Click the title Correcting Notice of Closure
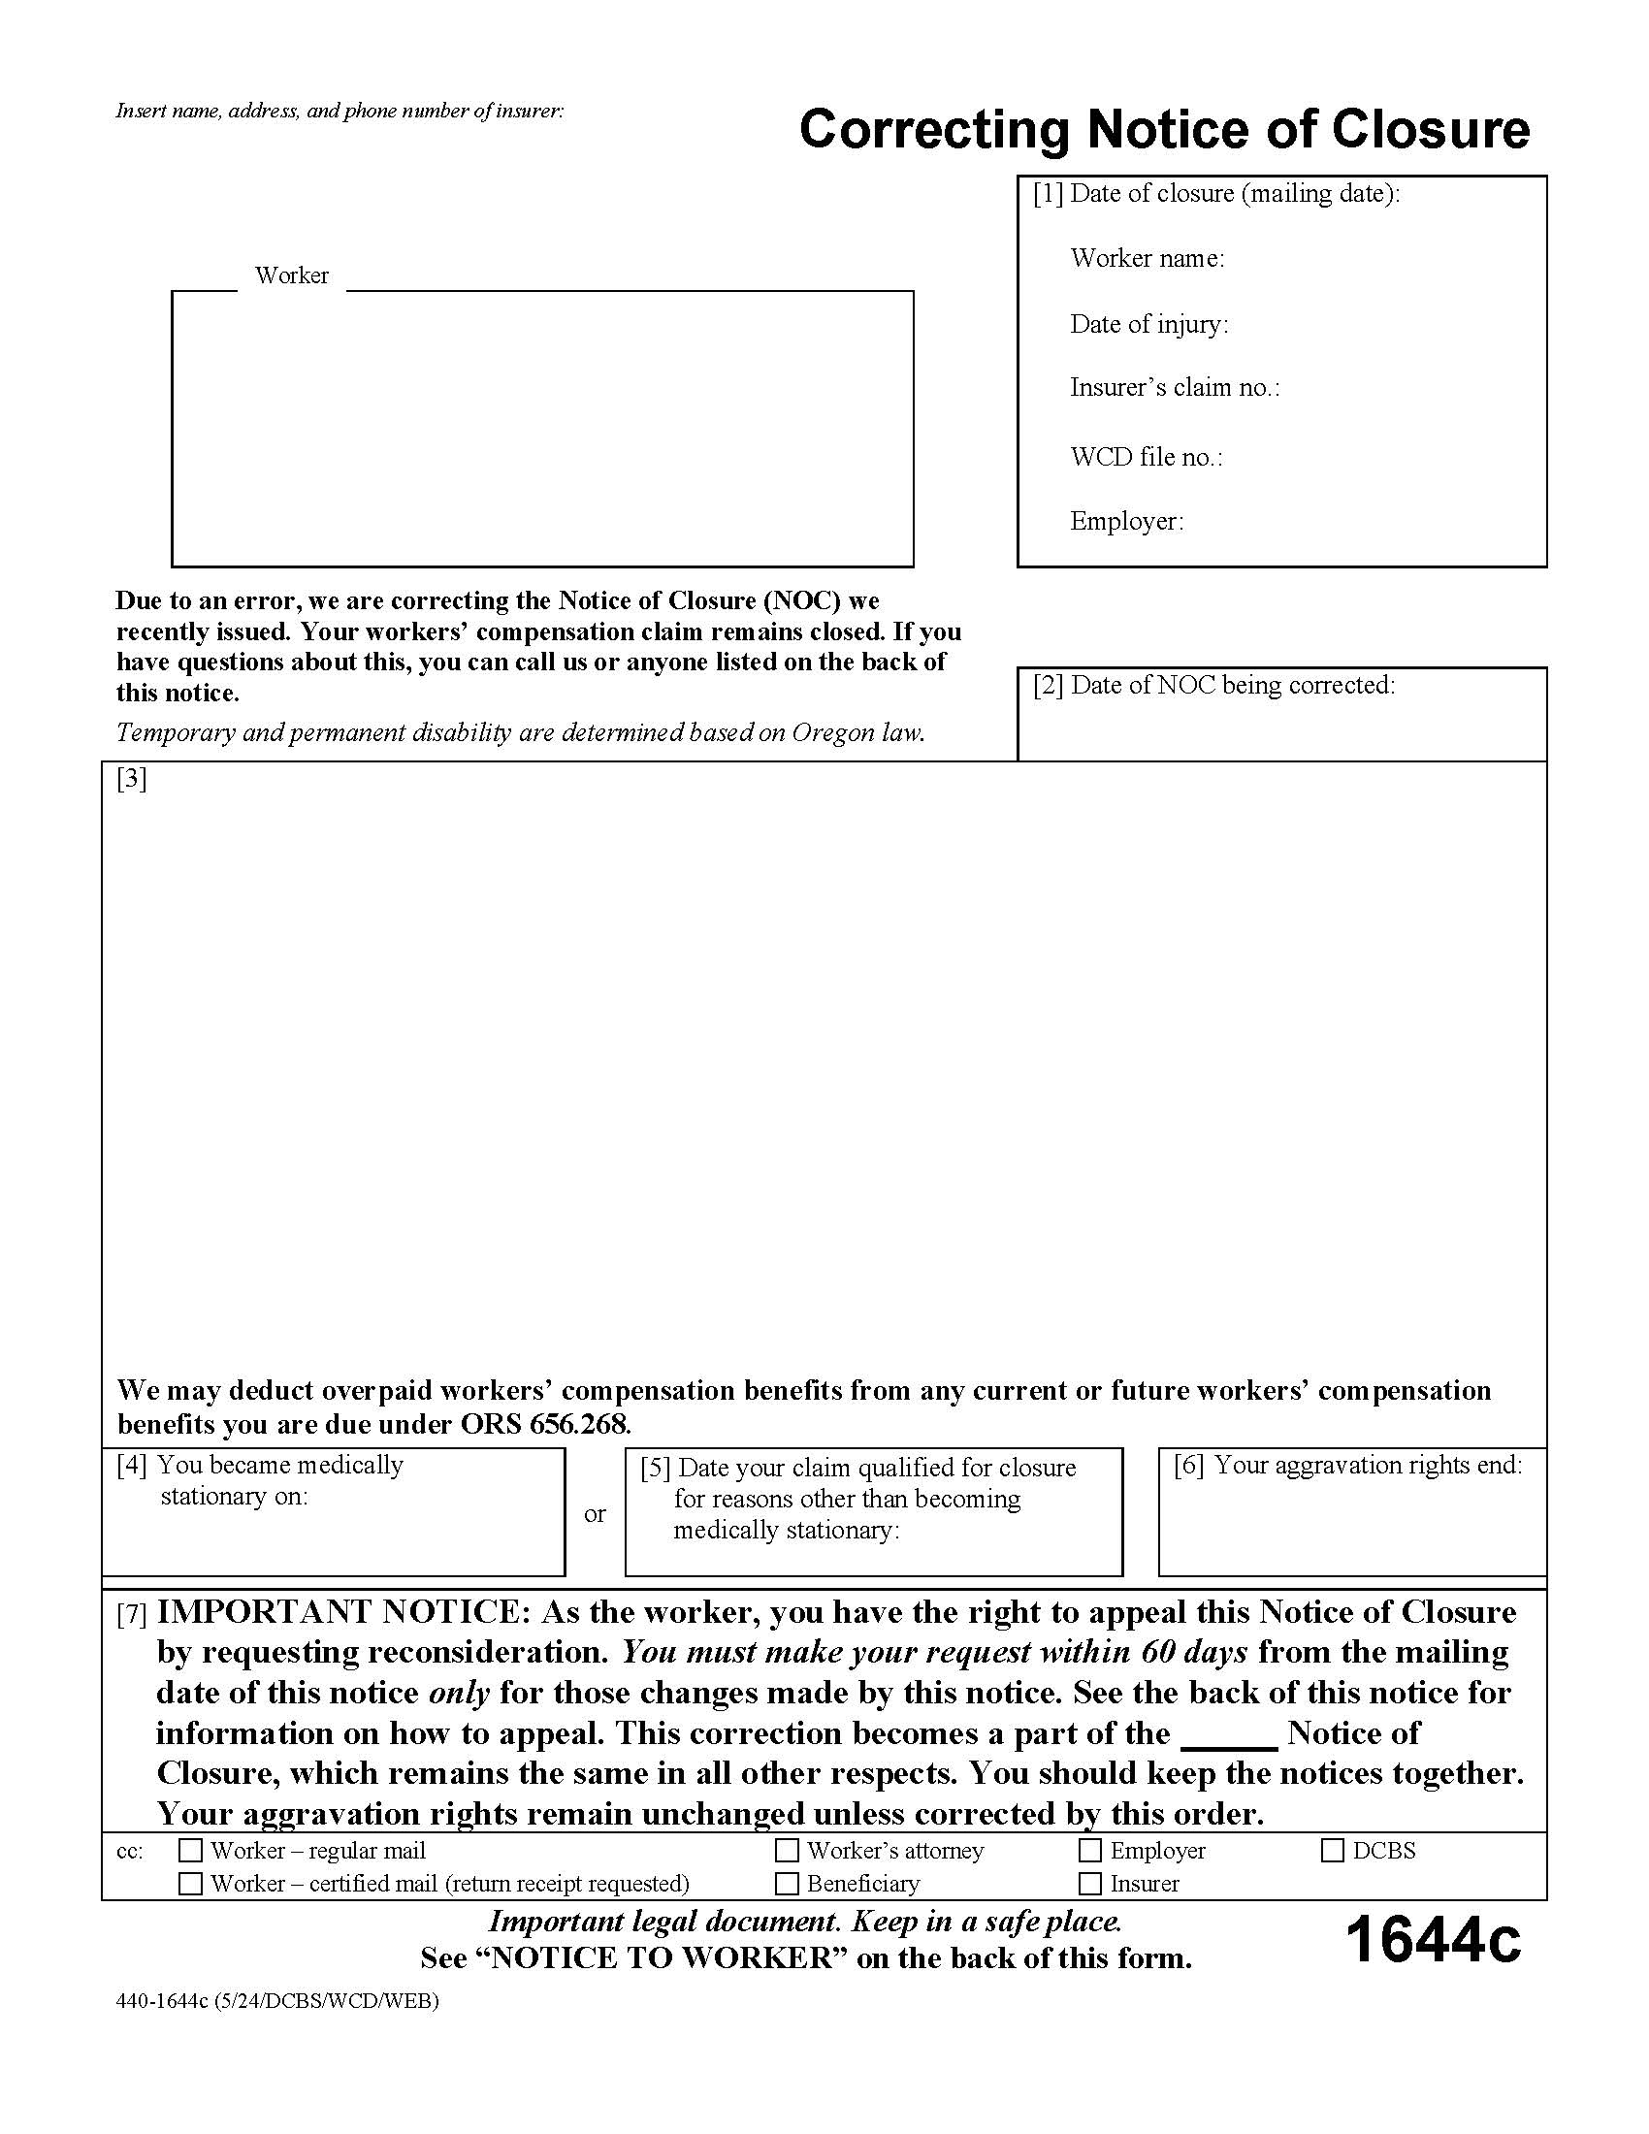pos(1163,130)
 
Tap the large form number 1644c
pos(1433,1941)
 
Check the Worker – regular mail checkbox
pos(191,1851)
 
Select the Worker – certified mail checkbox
pos(191,1883)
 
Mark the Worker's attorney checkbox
pos(787,1851)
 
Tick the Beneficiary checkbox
pos(787,1883)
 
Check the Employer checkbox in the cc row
pos(1090,1851)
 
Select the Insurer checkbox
pos(1090,1883)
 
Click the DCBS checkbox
pos(1333,1851)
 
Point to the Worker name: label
pos(1147,258)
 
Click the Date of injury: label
pos(1148,324)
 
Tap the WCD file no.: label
pos(1146,457)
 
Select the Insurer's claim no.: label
pos(1175,388)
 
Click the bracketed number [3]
pos(131,779)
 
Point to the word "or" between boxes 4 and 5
pos(595,1513)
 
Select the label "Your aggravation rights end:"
pos(1368,1465)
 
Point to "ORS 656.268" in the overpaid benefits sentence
pos(545,1424)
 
